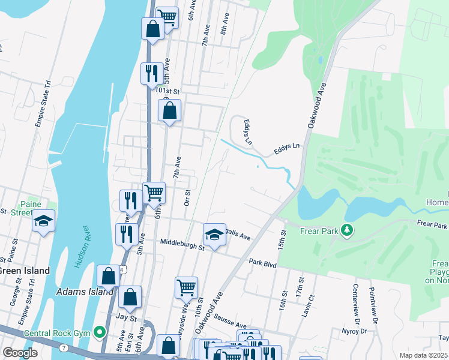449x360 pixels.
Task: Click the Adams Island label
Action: pyautogui.click(x=85, y=292)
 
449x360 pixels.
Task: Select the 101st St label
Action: pyautogui.click(x=167, y=90)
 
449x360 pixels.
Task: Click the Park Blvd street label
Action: pyautogui.click(x=262, y=262)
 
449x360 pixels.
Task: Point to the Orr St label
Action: pyautogui.click(x=187, y=197)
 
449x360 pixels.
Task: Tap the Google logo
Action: pyautogui.click(x=20, y=353)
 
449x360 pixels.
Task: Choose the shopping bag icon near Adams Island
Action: pyautogui.click(x=109, y=276)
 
